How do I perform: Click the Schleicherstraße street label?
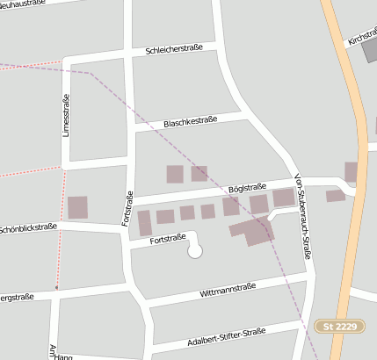point(180,50)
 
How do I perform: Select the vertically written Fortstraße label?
point(128,208)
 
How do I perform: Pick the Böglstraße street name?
point(247,187)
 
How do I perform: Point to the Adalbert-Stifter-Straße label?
point(227,335)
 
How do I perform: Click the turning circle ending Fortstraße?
point(195,251)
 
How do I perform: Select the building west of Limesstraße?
point(77,207)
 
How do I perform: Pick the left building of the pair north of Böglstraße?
point(175,174)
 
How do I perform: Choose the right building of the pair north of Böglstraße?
point(199,173)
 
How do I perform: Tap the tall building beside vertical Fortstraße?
point(144,223)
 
